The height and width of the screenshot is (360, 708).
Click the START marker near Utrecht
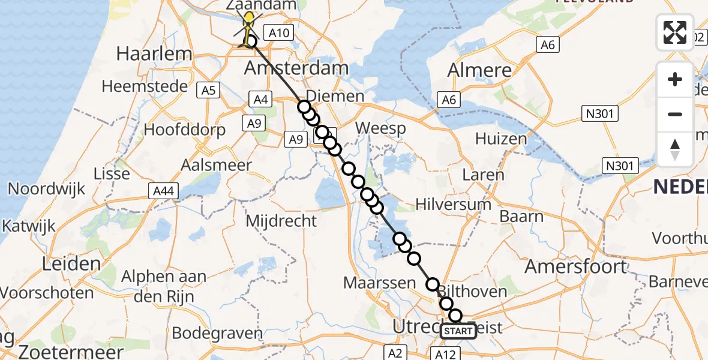tap(459, 331)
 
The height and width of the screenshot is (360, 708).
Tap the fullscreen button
tap(675, 32)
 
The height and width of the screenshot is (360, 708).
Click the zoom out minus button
tap(675, 114)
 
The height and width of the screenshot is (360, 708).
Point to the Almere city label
tap(480, 70)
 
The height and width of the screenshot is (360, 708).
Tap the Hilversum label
tap(454, 205)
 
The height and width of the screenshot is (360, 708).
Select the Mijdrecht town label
tap(281, 220)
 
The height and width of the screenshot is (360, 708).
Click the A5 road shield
tap(208, 91)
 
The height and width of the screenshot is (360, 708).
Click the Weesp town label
tap(380, 128)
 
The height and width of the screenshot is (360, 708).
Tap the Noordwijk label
tap(44, 188)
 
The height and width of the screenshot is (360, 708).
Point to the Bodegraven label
tap(217, 333)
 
